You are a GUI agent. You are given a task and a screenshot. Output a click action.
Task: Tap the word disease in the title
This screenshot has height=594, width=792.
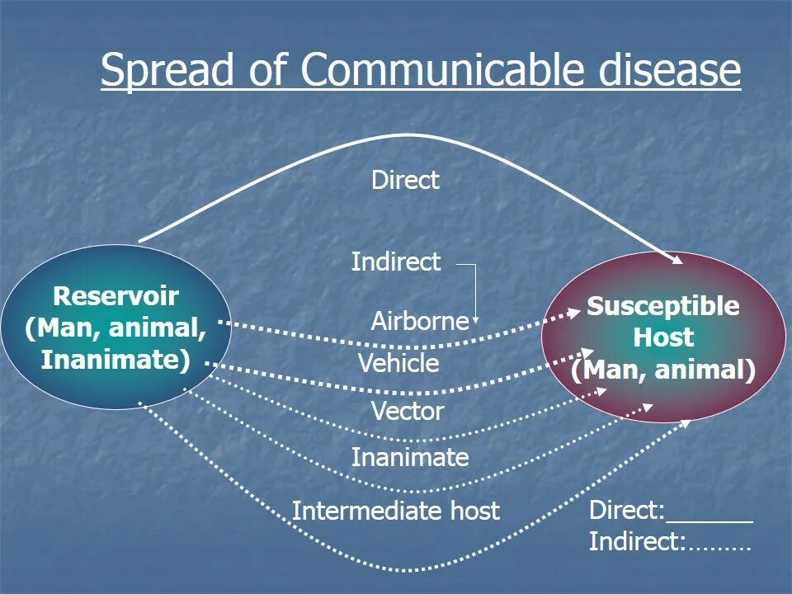[x=661, y=71]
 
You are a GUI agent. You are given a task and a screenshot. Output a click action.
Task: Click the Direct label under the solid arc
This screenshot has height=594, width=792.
[x=405, y=181]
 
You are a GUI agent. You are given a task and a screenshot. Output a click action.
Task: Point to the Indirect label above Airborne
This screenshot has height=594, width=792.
[x=396, y=262]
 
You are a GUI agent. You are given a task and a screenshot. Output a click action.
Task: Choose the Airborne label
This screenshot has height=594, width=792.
[x=419, y=321]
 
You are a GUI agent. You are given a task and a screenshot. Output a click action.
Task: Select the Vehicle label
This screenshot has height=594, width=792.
[x=398, y=364]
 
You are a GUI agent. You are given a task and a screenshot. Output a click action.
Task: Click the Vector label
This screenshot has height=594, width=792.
[x=408, y=411]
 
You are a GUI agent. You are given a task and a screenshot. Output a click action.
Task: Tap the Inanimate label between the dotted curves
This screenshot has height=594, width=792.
[x=410, y=457]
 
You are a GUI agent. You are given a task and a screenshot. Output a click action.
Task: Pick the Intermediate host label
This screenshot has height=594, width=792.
[x=396, y=511]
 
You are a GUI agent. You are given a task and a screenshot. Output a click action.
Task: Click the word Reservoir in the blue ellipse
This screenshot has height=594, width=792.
[x=115, y=296]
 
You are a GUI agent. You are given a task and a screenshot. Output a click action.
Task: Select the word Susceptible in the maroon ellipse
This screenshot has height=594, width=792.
[x=663, y=307]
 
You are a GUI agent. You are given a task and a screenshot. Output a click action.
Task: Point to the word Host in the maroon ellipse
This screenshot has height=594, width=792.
[x=663, y=337]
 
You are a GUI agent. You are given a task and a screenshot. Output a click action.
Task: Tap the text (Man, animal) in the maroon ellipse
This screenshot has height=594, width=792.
[x=663, y=370]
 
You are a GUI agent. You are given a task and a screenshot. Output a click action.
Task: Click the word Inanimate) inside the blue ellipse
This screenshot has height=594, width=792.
[x=115, y=360]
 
